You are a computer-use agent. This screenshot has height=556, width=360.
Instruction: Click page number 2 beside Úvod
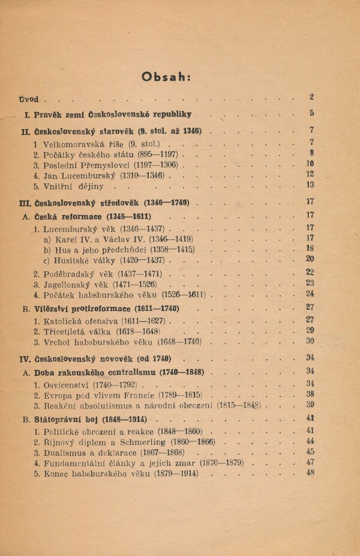click(x=311, y=97)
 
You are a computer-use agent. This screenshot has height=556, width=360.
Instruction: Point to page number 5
click(x=311, y=113)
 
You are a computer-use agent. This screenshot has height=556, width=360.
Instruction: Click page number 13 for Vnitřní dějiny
click(x=310, y=185)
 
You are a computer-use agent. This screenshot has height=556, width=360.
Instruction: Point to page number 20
click(x=310, y=259)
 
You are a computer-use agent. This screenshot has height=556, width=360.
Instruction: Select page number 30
click(x=310, y=340)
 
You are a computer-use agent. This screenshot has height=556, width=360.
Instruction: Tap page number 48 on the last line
click(x=310, y=472)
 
